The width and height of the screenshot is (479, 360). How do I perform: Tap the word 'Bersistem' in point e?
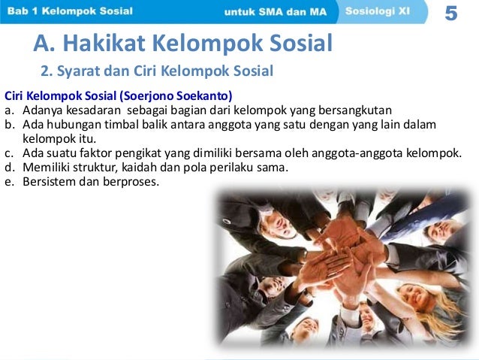point(48,180)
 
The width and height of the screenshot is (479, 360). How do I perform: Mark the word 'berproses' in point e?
point(134,180)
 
